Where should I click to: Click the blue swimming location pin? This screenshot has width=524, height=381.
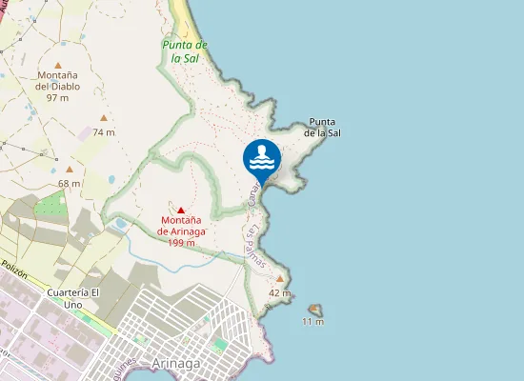point(262,159)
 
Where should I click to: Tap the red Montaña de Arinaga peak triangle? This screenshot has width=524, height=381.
point(180,210)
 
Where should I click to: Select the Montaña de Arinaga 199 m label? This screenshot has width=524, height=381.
point(180,231)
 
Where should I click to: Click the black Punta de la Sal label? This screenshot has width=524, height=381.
point(322,128)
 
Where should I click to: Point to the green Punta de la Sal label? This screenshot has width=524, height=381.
point(185,51)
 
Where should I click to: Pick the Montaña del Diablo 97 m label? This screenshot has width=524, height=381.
point(58,86)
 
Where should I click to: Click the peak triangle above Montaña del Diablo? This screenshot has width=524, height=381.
point(58,64)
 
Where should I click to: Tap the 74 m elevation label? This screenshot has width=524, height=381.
point(104,132)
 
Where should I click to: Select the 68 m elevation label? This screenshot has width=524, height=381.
point(70,184)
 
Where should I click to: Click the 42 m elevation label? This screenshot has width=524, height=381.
point(279,292)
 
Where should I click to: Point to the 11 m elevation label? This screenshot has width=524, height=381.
point(312,322)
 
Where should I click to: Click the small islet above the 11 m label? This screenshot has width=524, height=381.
point(314,310)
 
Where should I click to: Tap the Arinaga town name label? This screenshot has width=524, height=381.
point(176,363)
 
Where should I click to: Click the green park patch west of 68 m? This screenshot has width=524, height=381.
point(50,204)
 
